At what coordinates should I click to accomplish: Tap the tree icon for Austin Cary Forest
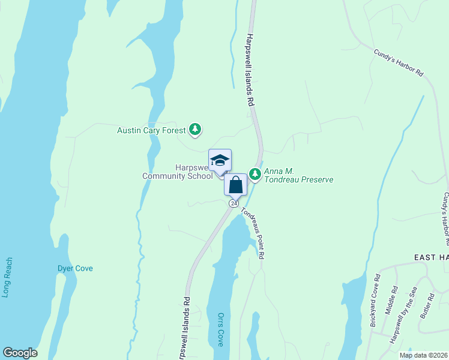tap(194, 129)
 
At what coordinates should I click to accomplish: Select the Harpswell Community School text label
tap(177, 172)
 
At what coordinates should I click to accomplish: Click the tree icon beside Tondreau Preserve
tap(256, 173)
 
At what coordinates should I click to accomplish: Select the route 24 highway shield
tap(233, 203)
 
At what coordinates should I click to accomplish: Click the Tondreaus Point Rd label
tap(253, 233)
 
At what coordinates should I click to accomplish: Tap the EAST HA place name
tap(432, 257)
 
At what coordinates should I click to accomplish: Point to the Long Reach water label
tap(7, 278)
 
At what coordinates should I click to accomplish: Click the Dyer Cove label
tap(75, 268)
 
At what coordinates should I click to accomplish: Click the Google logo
tap(20, 353)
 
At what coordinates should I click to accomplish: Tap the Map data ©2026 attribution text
tap(424, 355)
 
